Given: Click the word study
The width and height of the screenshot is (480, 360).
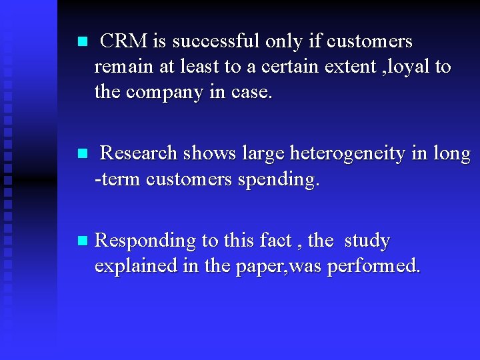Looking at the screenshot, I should [x=367, y=241].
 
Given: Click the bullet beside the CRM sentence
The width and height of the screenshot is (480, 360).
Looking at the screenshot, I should [x=82, y=41].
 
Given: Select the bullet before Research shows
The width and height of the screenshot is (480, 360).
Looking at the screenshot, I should [x=82, y=153].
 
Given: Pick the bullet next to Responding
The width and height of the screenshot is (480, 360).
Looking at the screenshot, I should [x=82, y=241].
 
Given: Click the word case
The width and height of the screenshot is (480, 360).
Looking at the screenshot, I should [x=251, y=93].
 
